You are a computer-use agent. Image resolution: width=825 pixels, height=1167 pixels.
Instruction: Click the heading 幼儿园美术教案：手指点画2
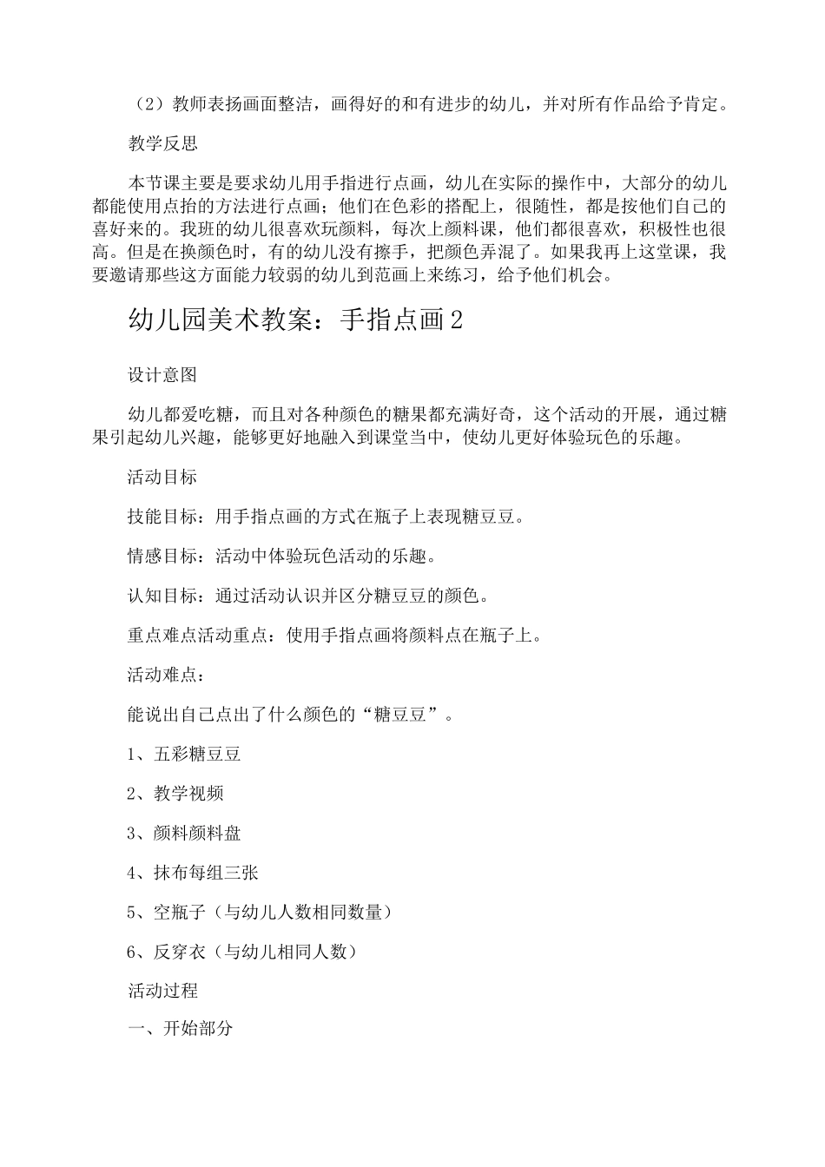click(x=295, y=320)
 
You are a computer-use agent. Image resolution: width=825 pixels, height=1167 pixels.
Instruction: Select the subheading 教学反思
click(x=162, y=143)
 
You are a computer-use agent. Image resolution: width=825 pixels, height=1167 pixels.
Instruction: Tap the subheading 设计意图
click(x=162, y=374)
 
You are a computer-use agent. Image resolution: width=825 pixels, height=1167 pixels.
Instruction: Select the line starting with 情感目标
click(x=281, y=556)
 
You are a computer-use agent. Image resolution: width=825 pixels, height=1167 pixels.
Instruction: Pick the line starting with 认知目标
click(x=308, y=596)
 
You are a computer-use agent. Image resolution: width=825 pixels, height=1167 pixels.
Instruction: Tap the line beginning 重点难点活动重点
click(x=335, y=635)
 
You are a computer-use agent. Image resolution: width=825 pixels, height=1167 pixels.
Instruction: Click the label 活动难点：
click(x=167, y=675)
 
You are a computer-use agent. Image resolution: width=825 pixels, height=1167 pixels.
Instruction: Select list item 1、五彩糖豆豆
click(x=184, y=754)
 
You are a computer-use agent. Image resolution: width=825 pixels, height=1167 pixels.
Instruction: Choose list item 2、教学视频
click(x=175, y=793)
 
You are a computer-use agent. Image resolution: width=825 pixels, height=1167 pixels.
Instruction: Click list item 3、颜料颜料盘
click(x=184, y=833)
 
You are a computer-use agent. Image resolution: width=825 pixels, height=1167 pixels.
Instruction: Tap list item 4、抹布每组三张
click(x=193, y=873)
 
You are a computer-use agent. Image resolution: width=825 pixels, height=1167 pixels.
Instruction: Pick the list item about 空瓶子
click(x=260, y=912)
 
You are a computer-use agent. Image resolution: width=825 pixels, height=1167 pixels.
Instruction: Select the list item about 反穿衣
click(x=242, y=952)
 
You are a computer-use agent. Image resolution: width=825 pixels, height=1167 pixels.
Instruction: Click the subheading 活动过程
click(x=162, y=990)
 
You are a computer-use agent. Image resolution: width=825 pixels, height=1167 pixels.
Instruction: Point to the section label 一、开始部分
click(x=180, y=1029)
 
